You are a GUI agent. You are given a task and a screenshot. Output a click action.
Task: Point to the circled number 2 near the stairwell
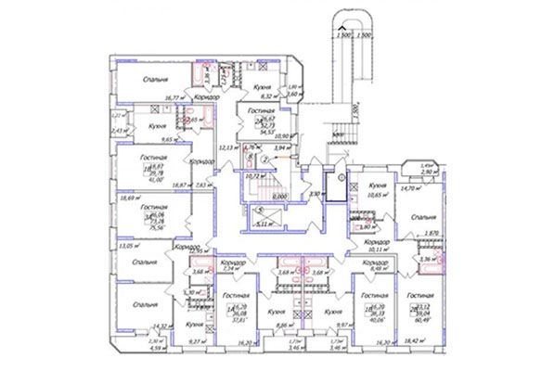(x=265, y=160)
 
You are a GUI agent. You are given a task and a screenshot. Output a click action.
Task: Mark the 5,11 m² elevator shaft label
(x=275, y=223)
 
